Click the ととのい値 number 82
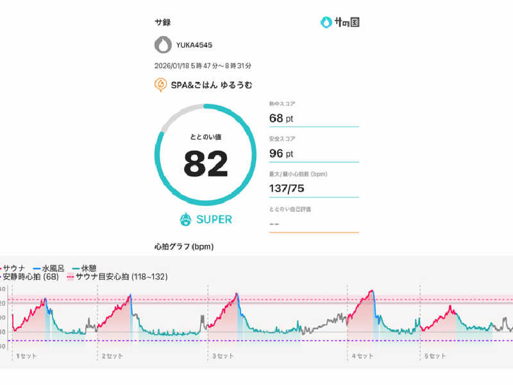coord(206,164)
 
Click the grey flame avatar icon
coord(164,45)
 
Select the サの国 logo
coord(340,22)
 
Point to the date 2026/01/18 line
coord(203,65)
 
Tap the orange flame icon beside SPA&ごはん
coord(161,85)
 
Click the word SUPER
coord(214,219)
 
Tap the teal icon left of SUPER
coord(186,219)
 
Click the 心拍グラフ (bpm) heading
coord(184,246)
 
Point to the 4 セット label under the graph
coord(362,355)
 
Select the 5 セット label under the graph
coord(435,355)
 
